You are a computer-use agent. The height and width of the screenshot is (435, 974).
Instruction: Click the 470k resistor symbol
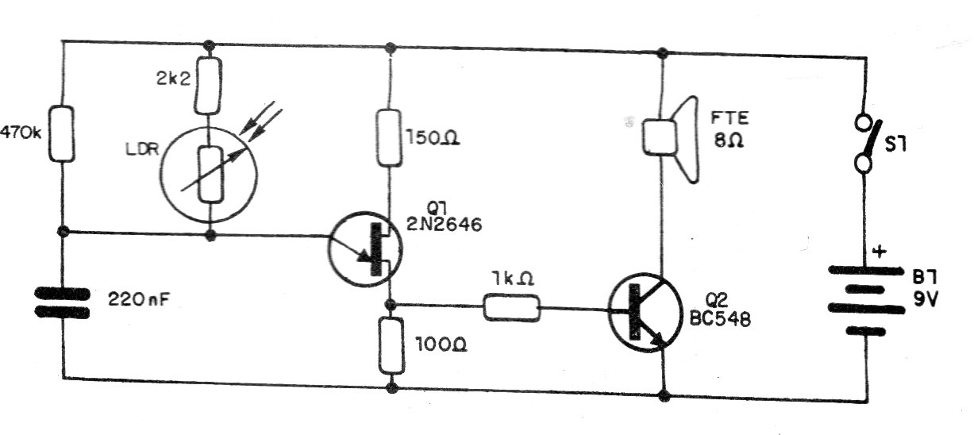[x=61, y=133]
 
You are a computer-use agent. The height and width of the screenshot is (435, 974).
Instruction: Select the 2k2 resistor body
[x=208, y=86]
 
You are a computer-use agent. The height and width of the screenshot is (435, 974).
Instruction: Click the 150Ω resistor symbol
[x=389, y=138]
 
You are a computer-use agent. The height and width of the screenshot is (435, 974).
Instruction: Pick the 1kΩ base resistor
[x=512, y=308]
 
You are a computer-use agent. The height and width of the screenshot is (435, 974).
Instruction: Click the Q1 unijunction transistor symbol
[x=365, y=248]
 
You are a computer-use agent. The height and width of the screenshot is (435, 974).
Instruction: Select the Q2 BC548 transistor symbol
[x=645, y=313]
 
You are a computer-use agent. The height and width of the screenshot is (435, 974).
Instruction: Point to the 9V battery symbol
[x=866, y=300]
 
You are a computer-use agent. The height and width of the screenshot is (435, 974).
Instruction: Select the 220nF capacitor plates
[x=62, y=303]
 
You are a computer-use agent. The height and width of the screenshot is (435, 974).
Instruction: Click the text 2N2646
[x=444, y=225]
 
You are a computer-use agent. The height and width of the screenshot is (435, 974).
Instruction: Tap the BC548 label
[x=720, y=319]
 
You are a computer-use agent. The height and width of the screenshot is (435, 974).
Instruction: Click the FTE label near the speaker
[x=730, y=118]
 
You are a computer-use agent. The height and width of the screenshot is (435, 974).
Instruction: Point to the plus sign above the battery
[x=880, y=252]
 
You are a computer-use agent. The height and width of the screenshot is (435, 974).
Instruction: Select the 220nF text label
[x=138, y=299]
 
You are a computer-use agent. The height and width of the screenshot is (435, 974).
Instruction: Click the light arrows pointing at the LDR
[x=261, y=121]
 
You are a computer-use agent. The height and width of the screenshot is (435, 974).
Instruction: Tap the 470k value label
[x=21, y=132]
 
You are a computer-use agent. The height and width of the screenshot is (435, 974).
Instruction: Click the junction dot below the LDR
[x=210, y=237]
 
